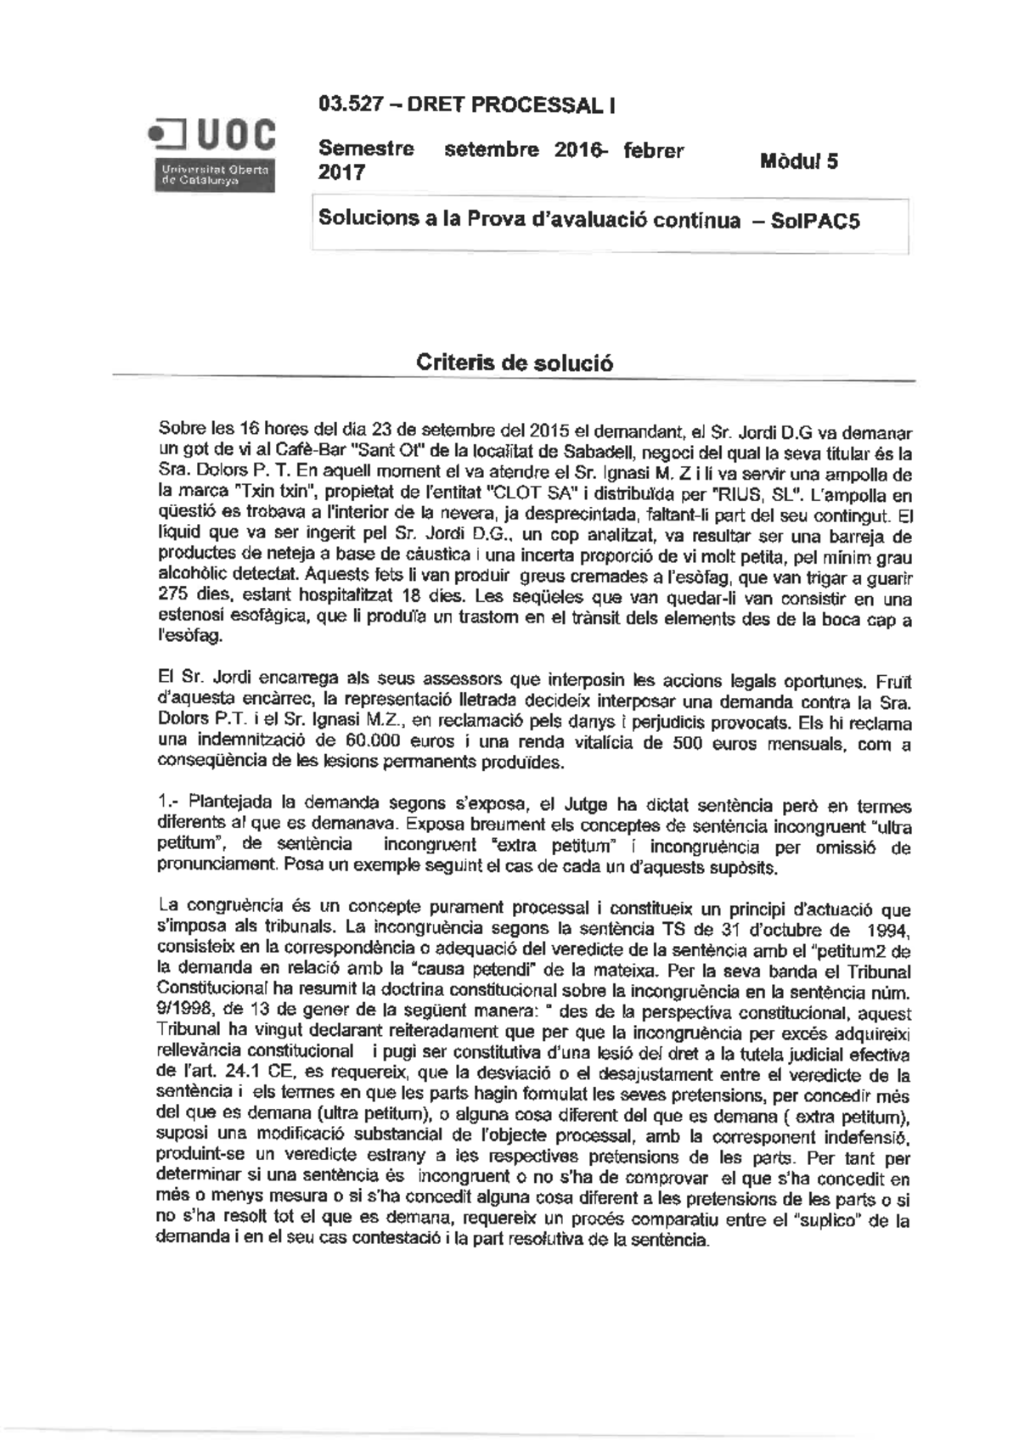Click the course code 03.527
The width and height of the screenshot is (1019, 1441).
click(x=347, y=105)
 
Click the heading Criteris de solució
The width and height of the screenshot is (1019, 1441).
click(x=515, y=363)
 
